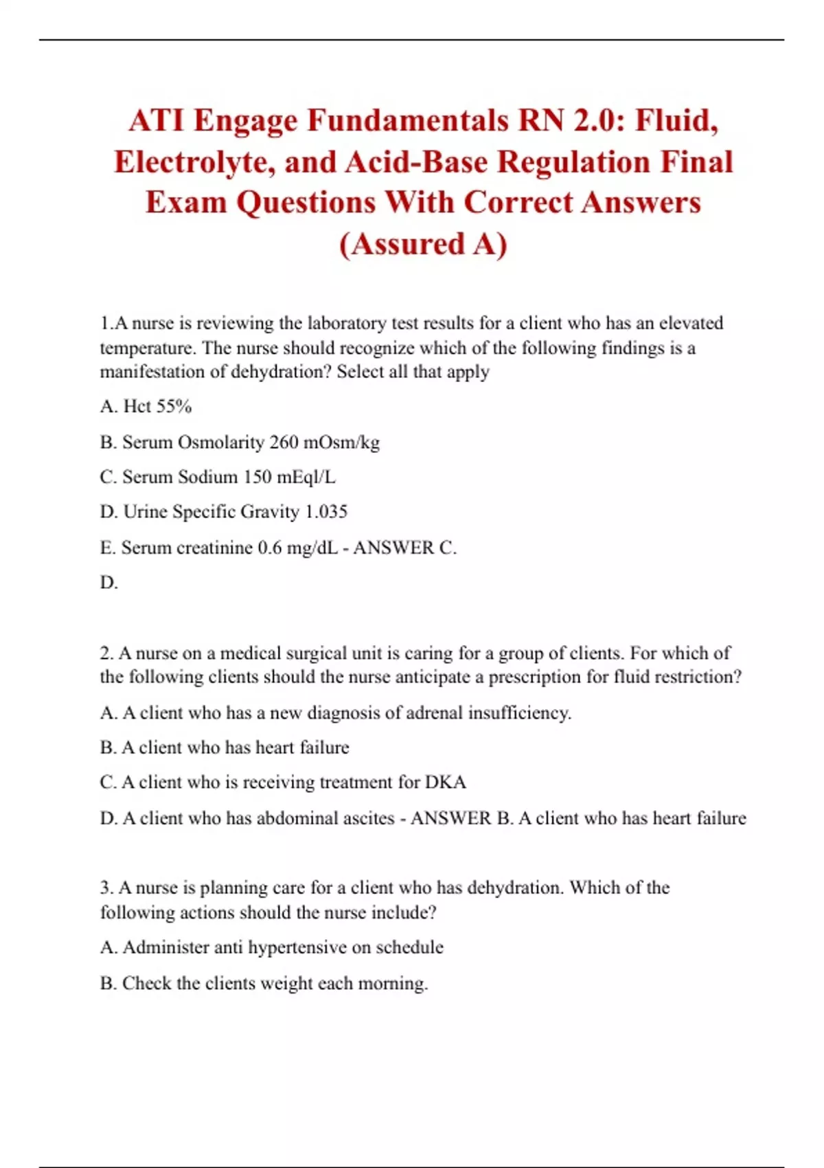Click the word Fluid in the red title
tap(676, 121)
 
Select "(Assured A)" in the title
tap(423, 244)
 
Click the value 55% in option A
tap(174, 406)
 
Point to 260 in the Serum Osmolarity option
tap(284, 442)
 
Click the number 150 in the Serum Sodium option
tap(257, 477)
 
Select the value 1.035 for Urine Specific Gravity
tap(326, 512)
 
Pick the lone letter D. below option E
tap(108, 583)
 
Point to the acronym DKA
tap(446, 783)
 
